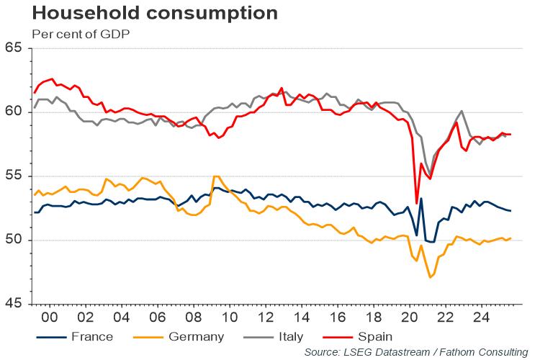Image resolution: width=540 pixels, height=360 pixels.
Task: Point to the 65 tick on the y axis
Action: (14, 48)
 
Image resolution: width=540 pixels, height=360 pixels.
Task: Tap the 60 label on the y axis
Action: (14, 112)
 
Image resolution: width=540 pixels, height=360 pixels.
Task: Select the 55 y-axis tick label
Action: (14, 176)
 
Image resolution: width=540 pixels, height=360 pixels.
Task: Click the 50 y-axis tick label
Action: (14, 240)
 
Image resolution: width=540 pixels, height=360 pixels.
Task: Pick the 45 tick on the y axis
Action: (14, 304)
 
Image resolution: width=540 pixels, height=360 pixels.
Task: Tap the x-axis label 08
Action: (193, 317)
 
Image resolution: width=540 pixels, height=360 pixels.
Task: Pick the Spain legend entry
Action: (375, 336)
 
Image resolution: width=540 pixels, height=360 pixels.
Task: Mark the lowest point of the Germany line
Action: (431, 277)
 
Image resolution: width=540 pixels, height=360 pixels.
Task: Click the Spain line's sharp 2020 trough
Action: (417, 202)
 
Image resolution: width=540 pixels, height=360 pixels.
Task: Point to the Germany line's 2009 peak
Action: (215, 176)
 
